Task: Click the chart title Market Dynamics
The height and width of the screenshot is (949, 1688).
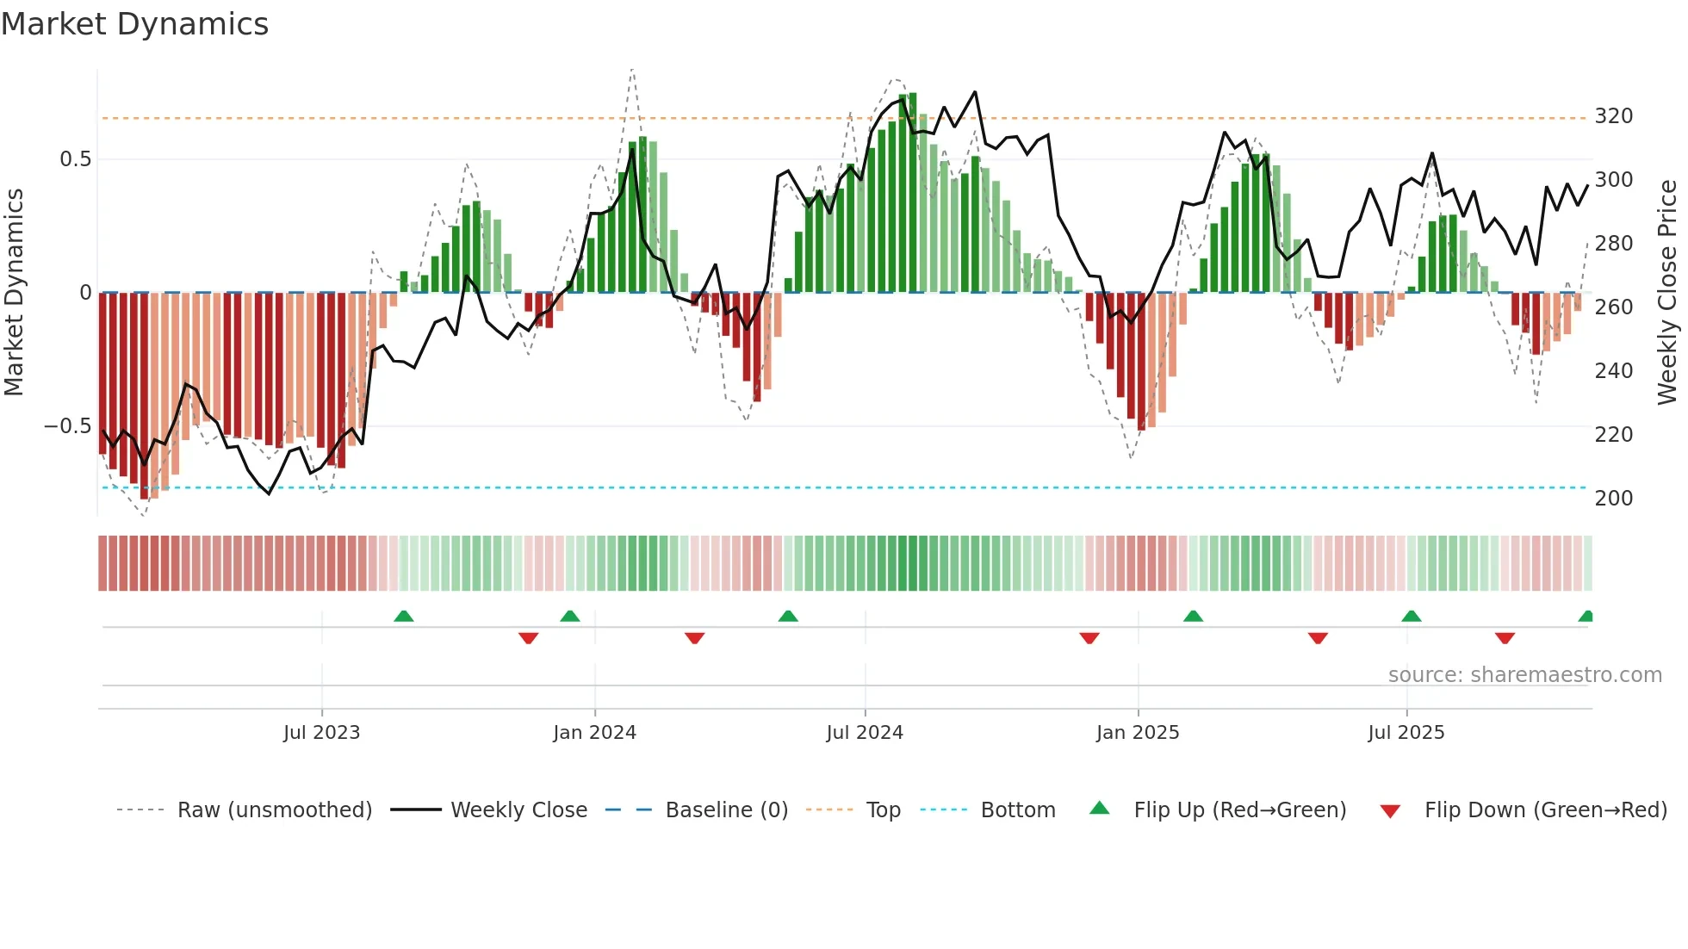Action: point(134,24)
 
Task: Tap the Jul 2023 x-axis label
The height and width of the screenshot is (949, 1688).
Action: point(321,733)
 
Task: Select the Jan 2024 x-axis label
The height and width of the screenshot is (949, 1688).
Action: point(594,733)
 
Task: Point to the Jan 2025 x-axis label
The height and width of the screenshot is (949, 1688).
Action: point(1137,733)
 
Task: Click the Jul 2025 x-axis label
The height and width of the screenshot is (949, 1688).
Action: point(1406,733)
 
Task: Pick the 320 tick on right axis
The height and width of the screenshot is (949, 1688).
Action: point(1613,116)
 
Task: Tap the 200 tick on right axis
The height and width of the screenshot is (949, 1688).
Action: point(1613,499)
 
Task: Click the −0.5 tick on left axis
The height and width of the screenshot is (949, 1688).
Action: point(67,426)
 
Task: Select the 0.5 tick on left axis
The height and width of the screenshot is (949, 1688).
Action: point(75,159)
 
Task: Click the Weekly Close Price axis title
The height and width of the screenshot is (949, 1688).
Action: point(1667,293)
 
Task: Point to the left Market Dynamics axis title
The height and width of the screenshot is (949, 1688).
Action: point(14,293)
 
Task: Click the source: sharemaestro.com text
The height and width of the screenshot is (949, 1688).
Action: point(1524,675)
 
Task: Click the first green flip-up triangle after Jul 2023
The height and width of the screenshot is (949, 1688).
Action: point(403,616)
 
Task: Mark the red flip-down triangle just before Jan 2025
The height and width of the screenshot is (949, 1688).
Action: point(1089,638)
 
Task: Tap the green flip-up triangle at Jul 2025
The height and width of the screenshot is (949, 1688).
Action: point(1411,616)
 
